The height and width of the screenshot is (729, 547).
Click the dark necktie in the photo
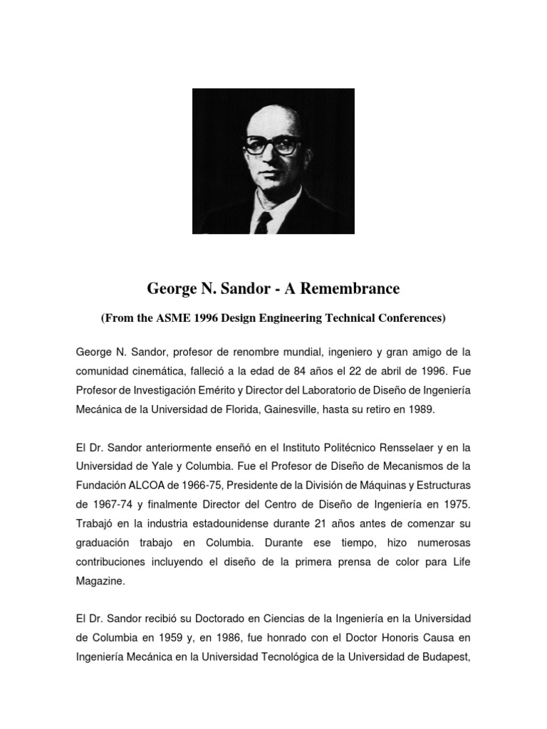pyautogui.click(x=264, y=224)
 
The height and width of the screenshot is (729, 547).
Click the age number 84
pyautogui.click(x=311, y=371)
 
